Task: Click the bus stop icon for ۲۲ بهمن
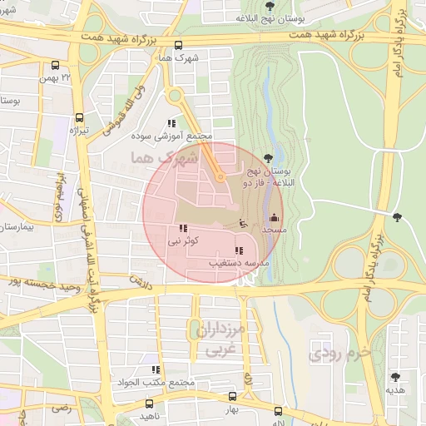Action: (x=56, y=65)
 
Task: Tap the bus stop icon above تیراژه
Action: (x=79, y=118)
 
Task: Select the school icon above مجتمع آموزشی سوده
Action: (x=172, y=123)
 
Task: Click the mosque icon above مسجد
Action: (x=275, y=217)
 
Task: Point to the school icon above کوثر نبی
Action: (x=182, y=229)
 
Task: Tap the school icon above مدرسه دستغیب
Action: (x=239, y=250)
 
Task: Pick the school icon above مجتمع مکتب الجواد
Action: (x=155, y=369)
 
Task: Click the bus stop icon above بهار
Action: (x=232, y=398)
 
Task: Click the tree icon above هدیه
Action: (x=394, y=378)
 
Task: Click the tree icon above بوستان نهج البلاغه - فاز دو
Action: (x=267, y=158)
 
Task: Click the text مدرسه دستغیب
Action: (x=239, y=263)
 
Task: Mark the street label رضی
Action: (x=60, y=409)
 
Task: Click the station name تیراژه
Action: (x=77, y=131)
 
